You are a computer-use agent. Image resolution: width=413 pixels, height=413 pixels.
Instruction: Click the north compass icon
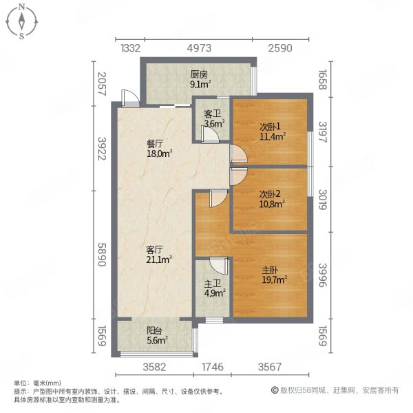pyautogui.click(x=22, y=21)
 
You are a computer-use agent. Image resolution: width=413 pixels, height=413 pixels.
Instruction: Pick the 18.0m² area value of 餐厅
pyautogui.click(x=158, y=155)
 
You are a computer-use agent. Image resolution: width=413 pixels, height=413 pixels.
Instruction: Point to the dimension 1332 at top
pyautogui.click(x=131, y=48)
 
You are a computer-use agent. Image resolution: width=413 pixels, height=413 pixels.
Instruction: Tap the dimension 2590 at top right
pyautogui.click(x=281, y=48)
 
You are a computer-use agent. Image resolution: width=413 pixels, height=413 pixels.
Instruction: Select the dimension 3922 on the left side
pyautogui.click(x=102, y=147)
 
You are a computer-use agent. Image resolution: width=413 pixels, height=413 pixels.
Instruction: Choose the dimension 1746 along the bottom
pyautogui.click(x=212, y=366)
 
